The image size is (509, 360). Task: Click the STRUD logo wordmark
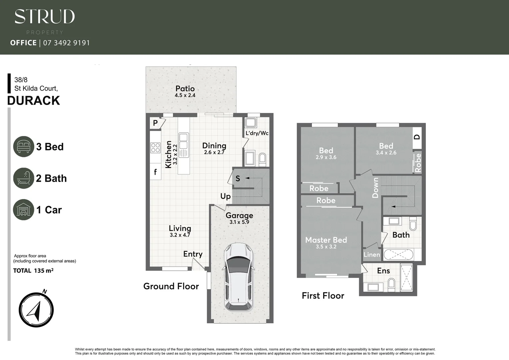point(45,17)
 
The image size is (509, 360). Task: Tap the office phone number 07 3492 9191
point(67,43)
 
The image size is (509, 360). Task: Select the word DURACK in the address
point(34,101)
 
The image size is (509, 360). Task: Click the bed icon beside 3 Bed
point(24,146)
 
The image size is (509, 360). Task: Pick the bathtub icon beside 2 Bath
point(24,178)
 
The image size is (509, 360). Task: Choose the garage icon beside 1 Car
point(24,210)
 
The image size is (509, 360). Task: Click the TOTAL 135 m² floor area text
point(33,271)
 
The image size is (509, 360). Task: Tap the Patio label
point(185,89)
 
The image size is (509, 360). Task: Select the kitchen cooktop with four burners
point(156,148)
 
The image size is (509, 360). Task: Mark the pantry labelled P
point(155,123)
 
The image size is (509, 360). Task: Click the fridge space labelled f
point(155,172)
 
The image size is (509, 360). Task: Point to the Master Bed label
point(326,240)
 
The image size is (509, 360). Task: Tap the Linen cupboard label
point(372,255)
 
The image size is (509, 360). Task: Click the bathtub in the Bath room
point(398,255)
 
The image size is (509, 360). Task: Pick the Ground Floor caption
point(171,286)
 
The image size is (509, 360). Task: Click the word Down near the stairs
point(375,187)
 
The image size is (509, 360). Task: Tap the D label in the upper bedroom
point(417,137)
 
